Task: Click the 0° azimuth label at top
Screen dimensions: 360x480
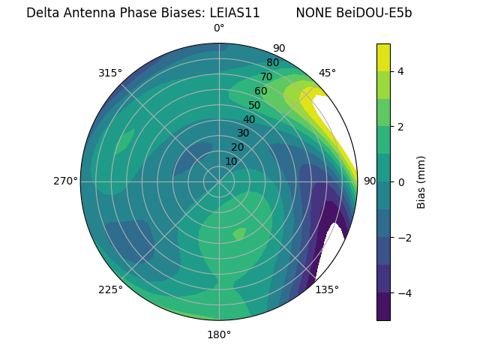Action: (219, 28)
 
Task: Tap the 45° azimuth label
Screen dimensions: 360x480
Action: (327, 73)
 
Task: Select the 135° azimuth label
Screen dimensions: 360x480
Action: (327, 289)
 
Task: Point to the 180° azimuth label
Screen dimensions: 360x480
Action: (219, 334)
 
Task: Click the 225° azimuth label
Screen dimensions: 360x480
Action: (110, 289)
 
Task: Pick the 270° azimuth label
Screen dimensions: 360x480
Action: (65, 181)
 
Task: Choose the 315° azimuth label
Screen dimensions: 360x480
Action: (110, 73)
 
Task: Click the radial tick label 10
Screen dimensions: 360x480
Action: (231, 161)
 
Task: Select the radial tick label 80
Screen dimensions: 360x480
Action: (272, 63)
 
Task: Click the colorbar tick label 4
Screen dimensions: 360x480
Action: (401, 71)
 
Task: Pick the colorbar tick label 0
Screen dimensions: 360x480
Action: (401, 181)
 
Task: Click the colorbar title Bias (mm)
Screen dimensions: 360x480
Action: (421, 181)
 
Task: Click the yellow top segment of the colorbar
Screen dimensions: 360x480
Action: (383, 57)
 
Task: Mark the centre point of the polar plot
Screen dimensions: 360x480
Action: (219, 181)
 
